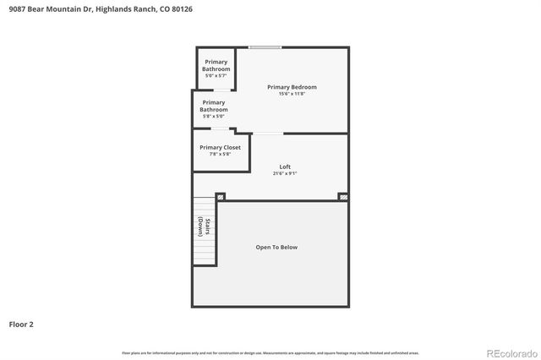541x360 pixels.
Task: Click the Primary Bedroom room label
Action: click(x=292, y=87)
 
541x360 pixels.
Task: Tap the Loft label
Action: click(x=285, y=166)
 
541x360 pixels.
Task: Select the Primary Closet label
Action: click(x=220, y=147)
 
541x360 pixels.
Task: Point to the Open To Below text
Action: click(x=276, y=247)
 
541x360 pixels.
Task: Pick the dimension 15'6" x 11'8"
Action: click(x=292, y=94)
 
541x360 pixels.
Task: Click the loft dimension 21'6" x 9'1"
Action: click(x=285, y=173)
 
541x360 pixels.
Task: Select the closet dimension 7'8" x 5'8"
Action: click(x=220, y=154)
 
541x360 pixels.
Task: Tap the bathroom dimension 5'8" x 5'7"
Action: click(x=216, y=75)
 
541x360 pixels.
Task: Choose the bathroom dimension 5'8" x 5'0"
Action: click(x=213, y=116)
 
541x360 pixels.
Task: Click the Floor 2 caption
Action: click(x=21, y=324)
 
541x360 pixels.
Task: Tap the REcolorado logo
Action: click(x=509, y=352)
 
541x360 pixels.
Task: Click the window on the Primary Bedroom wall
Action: click(x=265, y=46)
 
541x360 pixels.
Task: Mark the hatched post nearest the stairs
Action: click(x=221, y=197)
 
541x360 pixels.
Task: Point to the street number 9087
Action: click(x=15, y=8)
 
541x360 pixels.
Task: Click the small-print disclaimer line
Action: click(x=270, y=352)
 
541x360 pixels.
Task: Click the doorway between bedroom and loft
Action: click(x=267, y=133)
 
